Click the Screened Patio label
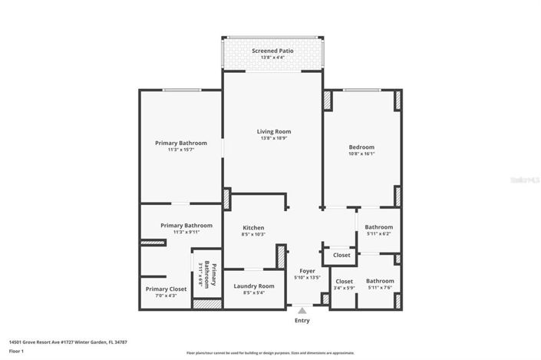tap(273, 51)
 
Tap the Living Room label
tap(273, 131)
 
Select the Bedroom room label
tap(361, 147)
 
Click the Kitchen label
tap(253, 228)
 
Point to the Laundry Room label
tap(253, 286)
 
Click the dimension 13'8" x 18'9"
tap(273, 138)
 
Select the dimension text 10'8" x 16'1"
tap(361, 154)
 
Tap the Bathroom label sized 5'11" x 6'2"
tap(379, 227)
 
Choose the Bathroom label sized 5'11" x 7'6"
tap(379, 281)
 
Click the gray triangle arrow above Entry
tap(302, 311)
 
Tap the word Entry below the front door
tap(302, 320)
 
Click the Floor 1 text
tap(17, 351)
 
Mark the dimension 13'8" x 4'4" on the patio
tap(273, 58)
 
